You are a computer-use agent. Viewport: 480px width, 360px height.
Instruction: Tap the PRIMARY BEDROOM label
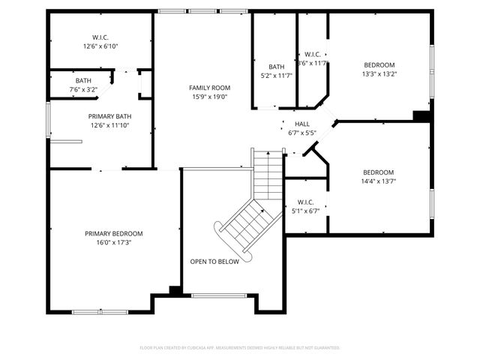[x=113, y=233]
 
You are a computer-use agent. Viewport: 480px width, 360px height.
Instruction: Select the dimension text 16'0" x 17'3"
[x=113, y=242]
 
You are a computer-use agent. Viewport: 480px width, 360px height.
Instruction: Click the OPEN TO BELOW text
[x=214, y=262]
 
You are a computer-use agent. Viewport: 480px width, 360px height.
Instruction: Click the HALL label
[x=302, y=124]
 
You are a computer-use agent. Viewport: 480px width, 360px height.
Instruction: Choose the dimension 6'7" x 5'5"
[x=302, y=133]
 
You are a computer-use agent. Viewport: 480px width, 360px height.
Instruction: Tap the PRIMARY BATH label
[x=110, y=116]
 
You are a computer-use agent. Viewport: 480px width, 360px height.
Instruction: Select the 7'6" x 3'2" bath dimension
[x=82, y=89]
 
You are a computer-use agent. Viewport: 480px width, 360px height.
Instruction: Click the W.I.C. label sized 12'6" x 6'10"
[x=101, y=37]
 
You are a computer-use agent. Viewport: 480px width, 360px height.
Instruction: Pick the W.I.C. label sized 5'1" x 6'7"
[x=305, y=202]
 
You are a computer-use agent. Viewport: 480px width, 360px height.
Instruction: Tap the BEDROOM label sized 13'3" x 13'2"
[x=379, y=64]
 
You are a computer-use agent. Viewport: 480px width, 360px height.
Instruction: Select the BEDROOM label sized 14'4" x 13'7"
[x=379, y=172]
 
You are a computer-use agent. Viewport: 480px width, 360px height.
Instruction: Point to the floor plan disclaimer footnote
[x=240, y=348]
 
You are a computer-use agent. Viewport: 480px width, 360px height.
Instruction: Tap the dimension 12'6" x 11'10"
[x=110, y=125]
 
